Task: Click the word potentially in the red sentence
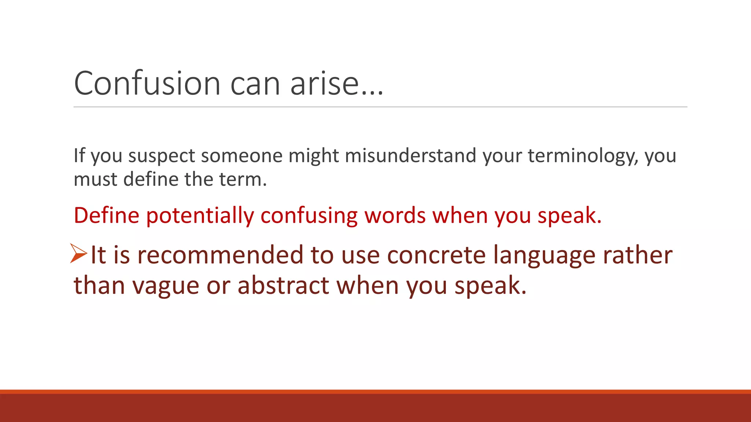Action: [x=200, y=215]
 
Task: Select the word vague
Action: [x=165, y=286]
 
